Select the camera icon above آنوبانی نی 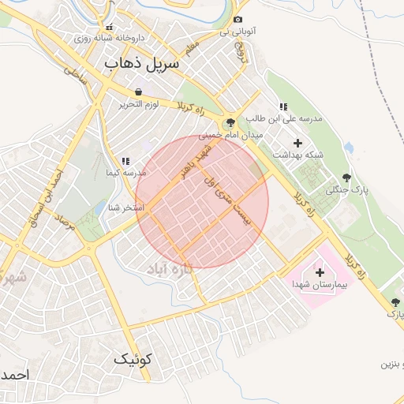(x=238, y=19)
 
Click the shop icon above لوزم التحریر (x=139, y=92)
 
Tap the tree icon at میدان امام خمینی (x=230, y=122)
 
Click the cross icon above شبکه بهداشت (x=297, y=143)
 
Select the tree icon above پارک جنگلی (x=346, y=178)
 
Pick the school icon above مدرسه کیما (x=125, y=161)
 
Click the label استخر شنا (x=126, y=208)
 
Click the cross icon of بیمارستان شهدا (x=320, y=271)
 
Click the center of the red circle (x=202, y=202)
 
